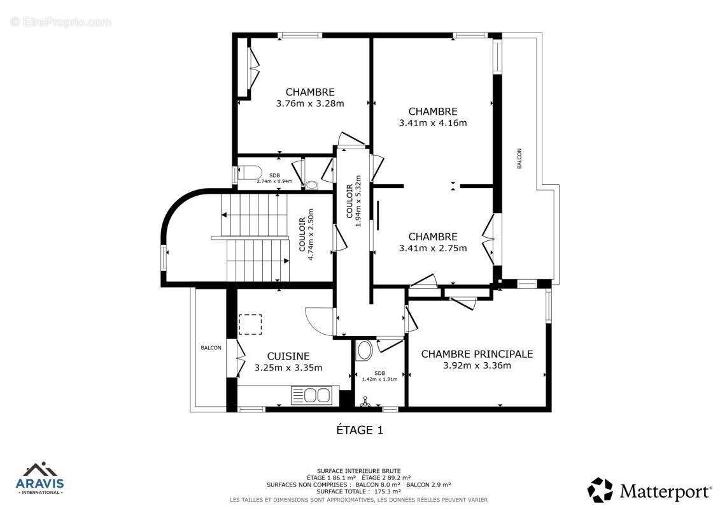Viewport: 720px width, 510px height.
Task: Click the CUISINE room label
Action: (288, 356)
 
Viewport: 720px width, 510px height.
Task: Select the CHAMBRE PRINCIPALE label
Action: (477, 354)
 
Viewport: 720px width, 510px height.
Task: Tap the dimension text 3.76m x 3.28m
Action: (310, 103)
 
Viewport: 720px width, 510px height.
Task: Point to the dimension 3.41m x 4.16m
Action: (433, 123)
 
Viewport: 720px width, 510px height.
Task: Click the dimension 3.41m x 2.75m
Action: (433, 248)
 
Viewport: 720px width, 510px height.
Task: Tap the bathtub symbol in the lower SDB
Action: (365, 350)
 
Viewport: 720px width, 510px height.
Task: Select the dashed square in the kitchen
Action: (250, 324)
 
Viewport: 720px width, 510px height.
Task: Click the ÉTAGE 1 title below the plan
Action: (360, 430)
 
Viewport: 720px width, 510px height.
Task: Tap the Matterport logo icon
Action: (600, 490)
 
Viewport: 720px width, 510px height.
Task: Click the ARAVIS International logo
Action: (39, 479)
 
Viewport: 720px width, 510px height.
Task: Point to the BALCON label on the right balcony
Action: (519, 159)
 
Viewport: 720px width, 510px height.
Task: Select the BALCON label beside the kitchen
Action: (211, 347)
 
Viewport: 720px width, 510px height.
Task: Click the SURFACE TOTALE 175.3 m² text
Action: (359, 492)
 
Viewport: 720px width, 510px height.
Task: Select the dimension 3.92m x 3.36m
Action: (477, 365)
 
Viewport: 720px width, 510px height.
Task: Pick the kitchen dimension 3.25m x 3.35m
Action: (288, 368)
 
